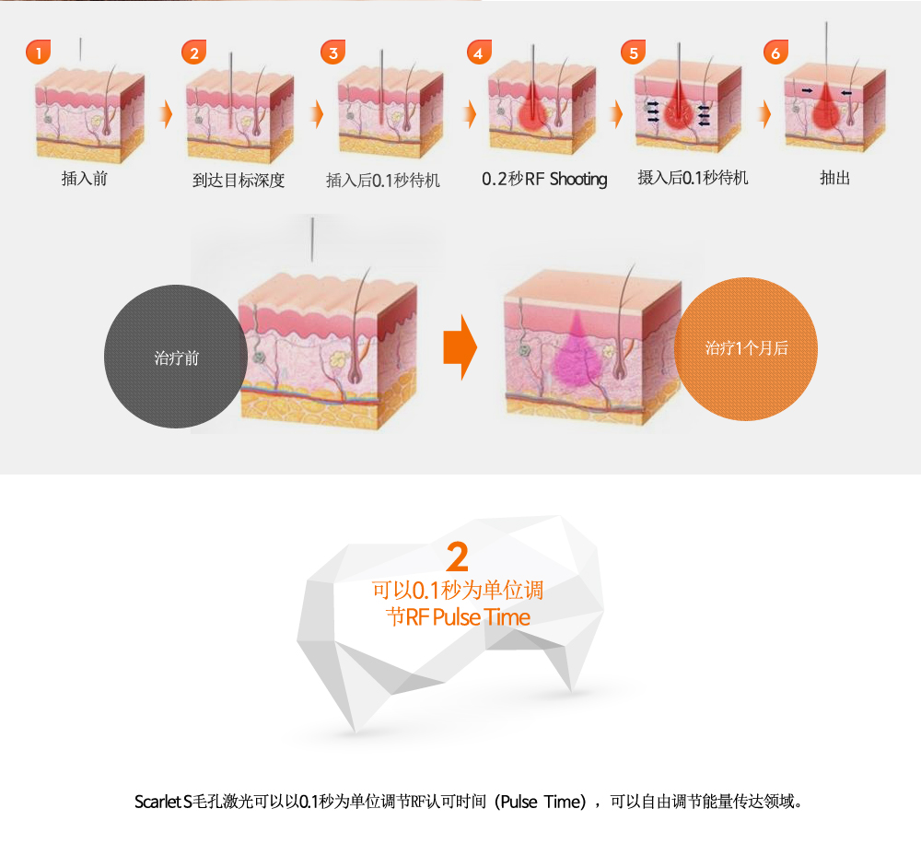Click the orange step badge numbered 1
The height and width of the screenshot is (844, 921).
(38, 53)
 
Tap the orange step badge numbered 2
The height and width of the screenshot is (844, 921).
(193, 53)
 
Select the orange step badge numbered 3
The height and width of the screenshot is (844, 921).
(333, 53)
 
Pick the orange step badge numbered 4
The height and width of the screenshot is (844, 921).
(479, 53)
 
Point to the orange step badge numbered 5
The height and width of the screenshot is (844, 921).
(634, 53)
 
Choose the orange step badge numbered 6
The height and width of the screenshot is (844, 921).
(775, 53)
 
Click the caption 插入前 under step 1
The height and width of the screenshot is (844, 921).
(85, 179)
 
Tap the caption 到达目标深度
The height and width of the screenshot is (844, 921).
(239, 180)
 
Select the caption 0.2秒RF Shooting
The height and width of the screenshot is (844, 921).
(544, 179)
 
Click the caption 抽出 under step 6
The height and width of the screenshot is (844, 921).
(834, 178)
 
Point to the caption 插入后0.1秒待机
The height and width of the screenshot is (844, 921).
(383, 180)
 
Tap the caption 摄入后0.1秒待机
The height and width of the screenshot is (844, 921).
(694, 178)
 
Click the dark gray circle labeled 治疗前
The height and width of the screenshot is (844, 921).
(176, 357)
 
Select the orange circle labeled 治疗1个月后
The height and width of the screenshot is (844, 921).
(746, 348)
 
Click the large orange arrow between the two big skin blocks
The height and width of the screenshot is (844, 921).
(460, 347)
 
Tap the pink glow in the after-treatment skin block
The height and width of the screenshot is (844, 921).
(576, 353)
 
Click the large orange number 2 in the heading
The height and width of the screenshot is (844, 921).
(458, 557)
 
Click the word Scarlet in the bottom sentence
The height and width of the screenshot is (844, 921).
(158, 802)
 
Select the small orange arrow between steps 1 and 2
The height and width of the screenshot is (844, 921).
(168, 113)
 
